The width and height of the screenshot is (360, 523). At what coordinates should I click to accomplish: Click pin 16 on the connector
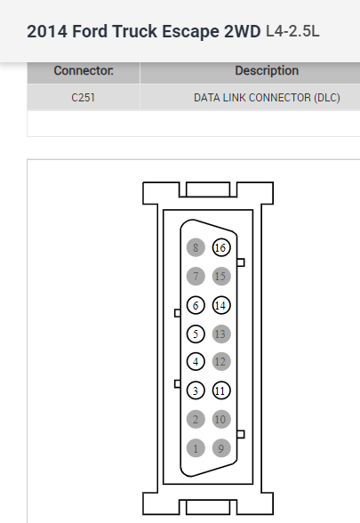(221, 247)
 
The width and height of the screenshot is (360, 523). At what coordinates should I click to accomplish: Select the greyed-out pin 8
(196, 247)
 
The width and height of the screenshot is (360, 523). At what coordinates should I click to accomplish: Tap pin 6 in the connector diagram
(196, 305)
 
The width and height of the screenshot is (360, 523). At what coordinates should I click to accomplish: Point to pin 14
(221, 305)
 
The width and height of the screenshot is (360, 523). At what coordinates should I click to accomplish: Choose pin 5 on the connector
(196, 334)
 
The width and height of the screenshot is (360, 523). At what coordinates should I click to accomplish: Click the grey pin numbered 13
(221, 334)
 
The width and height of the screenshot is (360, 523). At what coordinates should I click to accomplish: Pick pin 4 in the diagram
(196, 361)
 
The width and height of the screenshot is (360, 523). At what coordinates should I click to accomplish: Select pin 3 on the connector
(196, 390)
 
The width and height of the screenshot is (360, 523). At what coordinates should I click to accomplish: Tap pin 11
(221, 390)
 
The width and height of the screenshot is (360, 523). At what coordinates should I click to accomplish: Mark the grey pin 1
(196, 448)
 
